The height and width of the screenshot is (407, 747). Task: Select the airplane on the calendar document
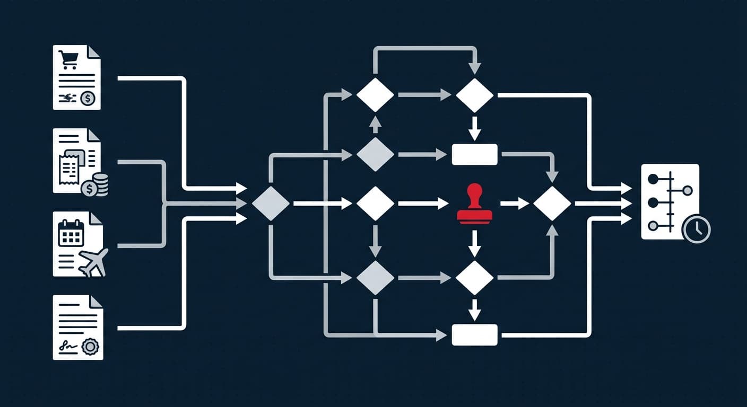click(x=93, y=261)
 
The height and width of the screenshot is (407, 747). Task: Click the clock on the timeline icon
click(x=697, y=229)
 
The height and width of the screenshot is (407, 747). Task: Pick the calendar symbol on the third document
click(x=71, y=233)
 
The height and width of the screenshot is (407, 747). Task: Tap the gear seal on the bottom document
click(x=91, y=347)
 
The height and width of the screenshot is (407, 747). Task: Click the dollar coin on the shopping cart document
click(x=88, y=98)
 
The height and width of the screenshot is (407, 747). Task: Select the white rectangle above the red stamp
click(x=474, y=154)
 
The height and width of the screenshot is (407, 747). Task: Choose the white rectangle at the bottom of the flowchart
click(x=474, y=335)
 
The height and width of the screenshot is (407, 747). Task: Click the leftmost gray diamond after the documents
click(x=271, y=203)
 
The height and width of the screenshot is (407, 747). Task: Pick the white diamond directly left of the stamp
click(x=375, y=203)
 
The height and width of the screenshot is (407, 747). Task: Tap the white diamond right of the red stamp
click(x=552, y=203)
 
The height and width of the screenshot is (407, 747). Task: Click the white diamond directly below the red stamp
click(x=474, y=277)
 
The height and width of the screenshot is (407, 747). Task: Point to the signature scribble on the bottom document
click(x=66, y=347)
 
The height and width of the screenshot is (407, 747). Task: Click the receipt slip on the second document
click(x=70, y=166)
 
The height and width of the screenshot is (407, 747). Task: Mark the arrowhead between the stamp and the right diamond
click(x=523, y=203)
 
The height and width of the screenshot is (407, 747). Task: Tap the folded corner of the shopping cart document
click(x=94, y=51)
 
